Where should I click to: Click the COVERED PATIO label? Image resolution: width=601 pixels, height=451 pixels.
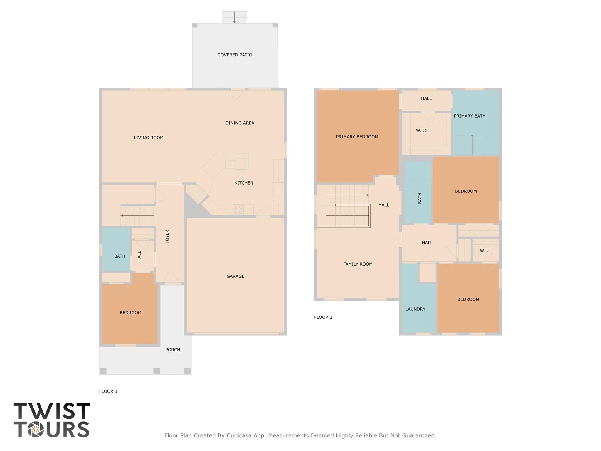pos(235,55)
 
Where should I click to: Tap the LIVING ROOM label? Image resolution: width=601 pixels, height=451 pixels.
pos(149,138)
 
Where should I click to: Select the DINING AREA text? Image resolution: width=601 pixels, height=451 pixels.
pos(240,123)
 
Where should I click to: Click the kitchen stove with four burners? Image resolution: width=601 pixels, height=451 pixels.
pos(238,209)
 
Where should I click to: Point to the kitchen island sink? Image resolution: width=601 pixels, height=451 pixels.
pos(230,164)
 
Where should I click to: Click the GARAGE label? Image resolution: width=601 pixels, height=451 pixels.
pos(235,276)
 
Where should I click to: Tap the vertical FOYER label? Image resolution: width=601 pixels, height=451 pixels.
pos(167,236)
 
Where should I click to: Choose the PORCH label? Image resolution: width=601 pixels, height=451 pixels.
pos(173,350)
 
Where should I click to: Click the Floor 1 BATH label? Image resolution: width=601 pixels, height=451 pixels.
pos(119,256)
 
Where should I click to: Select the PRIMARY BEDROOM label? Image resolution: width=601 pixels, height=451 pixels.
pos(357,137)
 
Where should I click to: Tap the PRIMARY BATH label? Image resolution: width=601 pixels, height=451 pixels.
pos(469,116)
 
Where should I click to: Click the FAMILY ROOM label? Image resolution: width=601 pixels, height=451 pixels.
pos(358,264)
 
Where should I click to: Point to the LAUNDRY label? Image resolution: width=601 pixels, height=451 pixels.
pos(415,309)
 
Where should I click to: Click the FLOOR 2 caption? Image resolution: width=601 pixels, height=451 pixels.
pos(323,317)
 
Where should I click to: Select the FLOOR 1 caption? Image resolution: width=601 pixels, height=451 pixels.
pos(108,391)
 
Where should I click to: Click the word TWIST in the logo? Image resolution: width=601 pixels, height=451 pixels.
pos(51,411)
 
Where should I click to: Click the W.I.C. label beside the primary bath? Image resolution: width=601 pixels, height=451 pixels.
pos(422,130)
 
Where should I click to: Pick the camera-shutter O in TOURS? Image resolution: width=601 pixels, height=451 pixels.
pos(36,430)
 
